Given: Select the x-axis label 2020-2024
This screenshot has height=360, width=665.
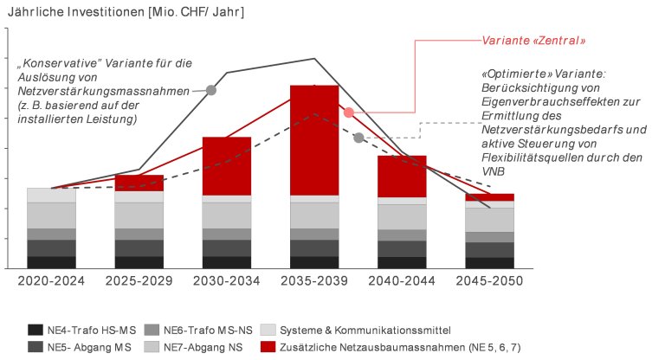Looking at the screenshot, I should [x=51, y=280].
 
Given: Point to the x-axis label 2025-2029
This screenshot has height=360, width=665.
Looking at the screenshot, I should [x=139, y=280].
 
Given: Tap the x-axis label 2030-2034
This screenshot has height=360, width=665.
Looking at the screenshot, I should [x=226, y=280].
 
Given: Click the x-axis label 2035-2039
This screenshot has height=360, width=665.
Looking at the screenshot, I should [x=314, y=280].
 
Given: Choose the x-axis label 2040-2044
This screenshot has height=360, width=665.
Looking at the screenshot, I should [x=402, y=280].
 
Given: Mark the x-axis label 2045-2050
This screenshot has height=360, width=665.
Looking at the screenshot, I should [x=489, y=280].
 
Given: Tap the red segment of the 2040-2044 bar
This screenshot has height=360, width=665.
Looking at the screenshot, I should [x=402, y=176].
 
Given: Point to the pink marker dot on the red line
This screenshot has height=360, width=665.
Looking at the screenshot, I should [x=348, y=112].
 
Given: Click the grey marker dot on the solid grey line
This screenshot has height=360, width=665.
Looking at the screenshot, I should [x=210, y=89].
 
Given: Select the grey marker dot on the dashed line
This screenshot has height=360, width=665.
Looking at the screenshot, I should [x=358, y=138].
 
